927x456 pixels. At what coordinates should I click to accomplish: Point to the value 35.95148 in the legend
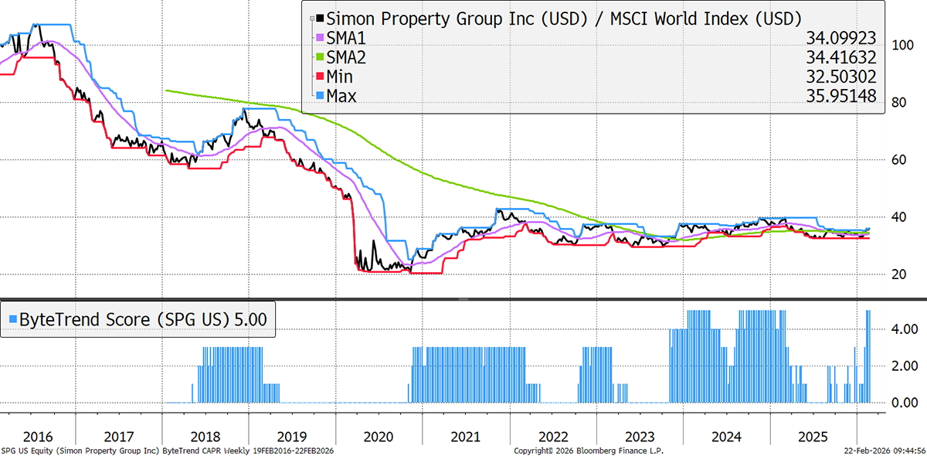click(847, 95)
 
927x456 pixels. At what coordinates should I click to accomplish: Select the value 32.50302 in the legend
click(847, 76)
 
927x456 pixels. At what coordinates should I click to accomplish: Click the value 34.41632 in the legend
click(847, 56)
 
